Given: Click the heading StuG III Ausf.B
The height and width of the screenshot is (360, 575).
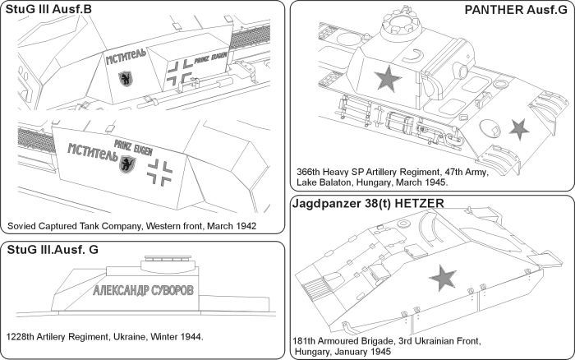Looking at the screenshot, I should pos(47,10).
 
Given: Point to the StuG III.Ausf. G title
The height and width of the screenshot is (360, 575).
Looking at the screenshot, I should pos(52,252).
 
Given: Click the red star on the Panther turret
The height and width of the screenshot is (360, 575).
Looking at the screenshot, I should pos(384,80).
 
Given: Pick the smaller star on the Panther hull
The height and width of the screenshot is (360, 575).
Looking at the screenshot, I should pos(519,128).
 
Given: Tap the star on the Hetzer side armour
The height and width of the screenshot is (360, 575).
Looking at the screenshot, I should pos(444,279).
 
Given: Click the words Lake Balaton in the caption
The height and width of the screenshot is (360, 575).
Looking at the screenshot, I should pos(324,185).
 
